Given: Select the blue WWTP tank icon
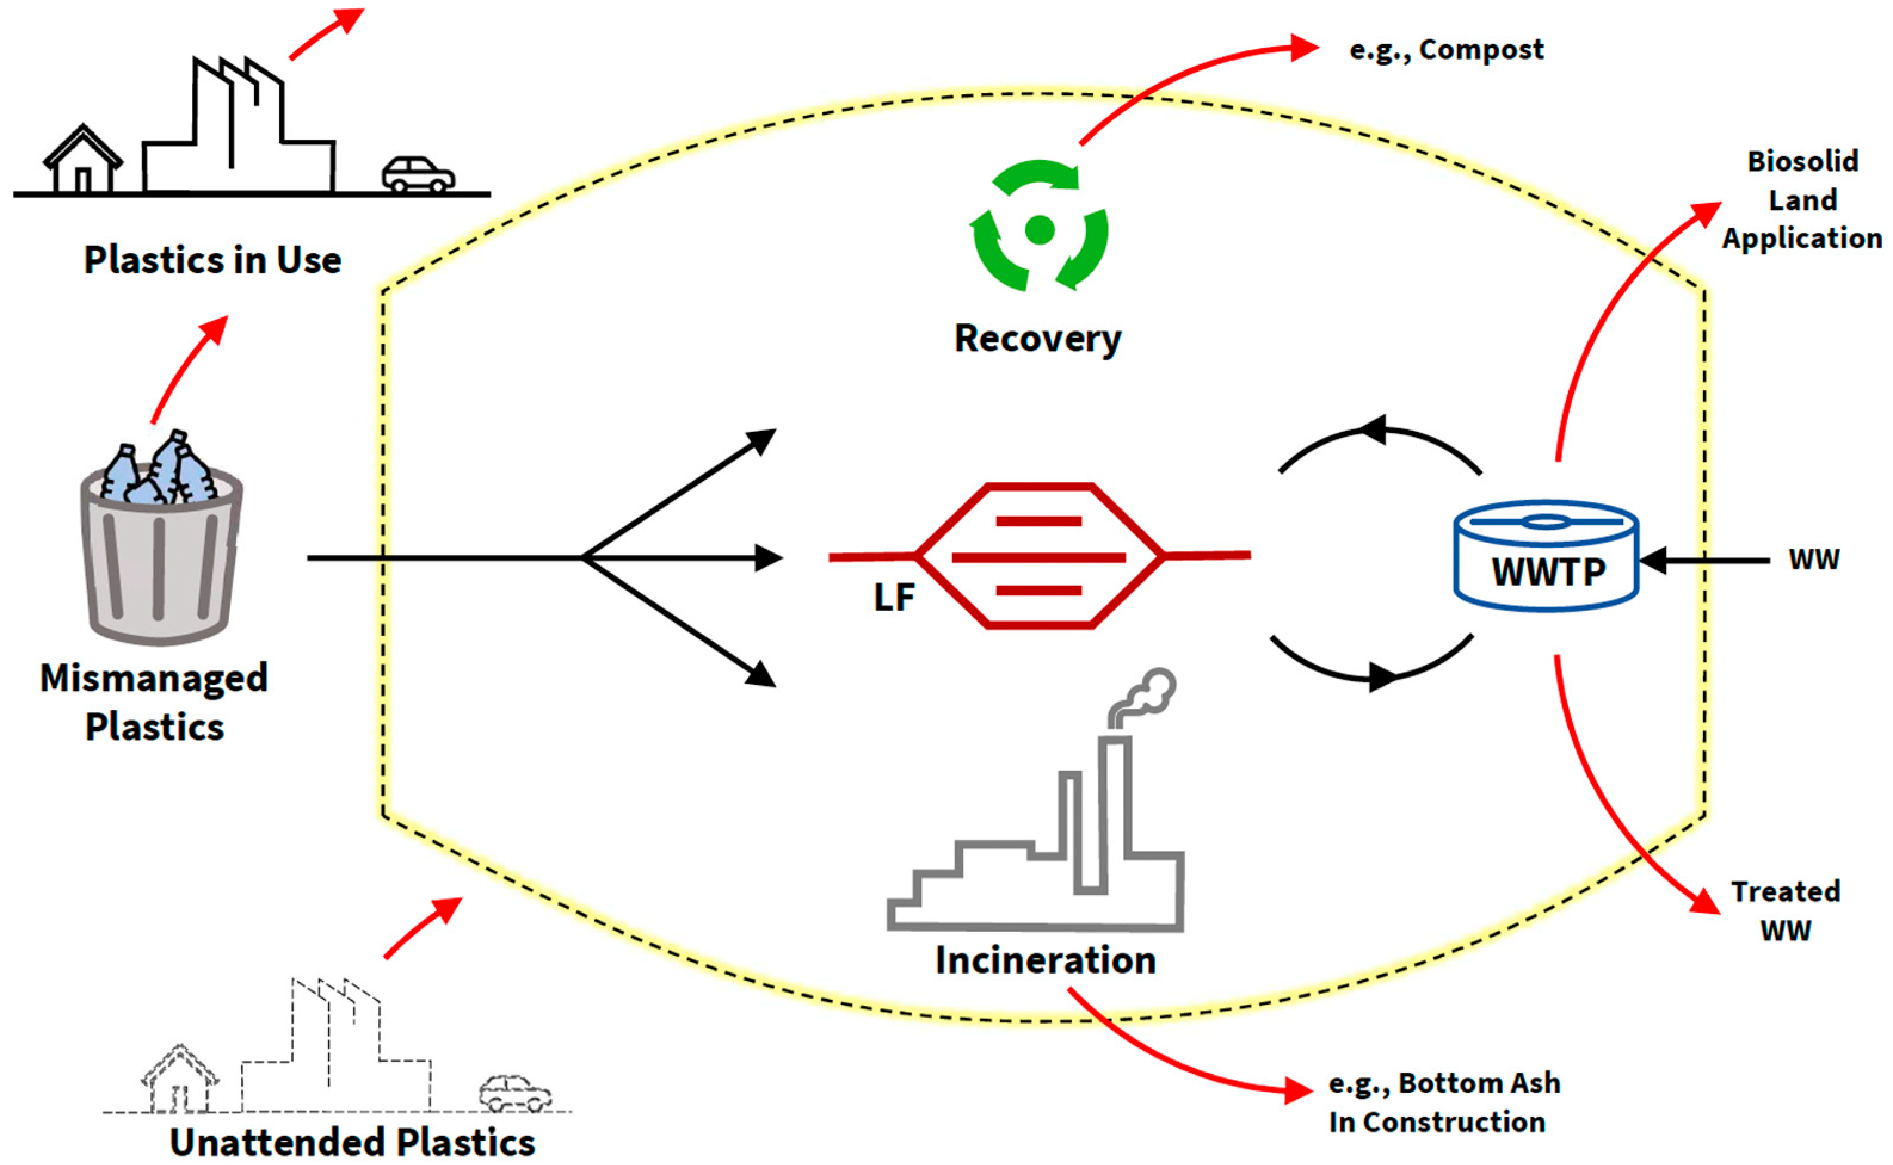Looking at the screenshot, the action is (x=1546, y=555).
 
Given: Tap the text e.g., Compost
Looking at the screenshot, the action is (x=1447, y=50).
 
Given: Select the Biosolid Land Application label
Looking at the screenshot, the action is (x=1802, y=200).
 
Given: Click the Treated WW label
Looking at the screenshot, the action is (x=1786, y=911).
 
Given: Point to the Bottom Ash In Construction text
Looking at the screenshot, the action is (x=1444, y=1102).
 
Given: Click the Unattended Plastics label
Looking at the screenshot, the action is (x=352, y=1142).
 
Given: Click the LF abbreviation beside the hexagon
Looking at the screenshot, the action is (x=894, y=597).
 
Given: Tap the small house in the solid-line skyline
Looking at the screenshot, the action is (x=82, y=158).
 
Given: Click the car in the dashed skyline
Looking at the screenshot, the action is (x=515, y=1093).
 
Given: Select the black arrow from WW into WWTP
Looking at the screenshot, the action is (x=1703, y=560).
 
